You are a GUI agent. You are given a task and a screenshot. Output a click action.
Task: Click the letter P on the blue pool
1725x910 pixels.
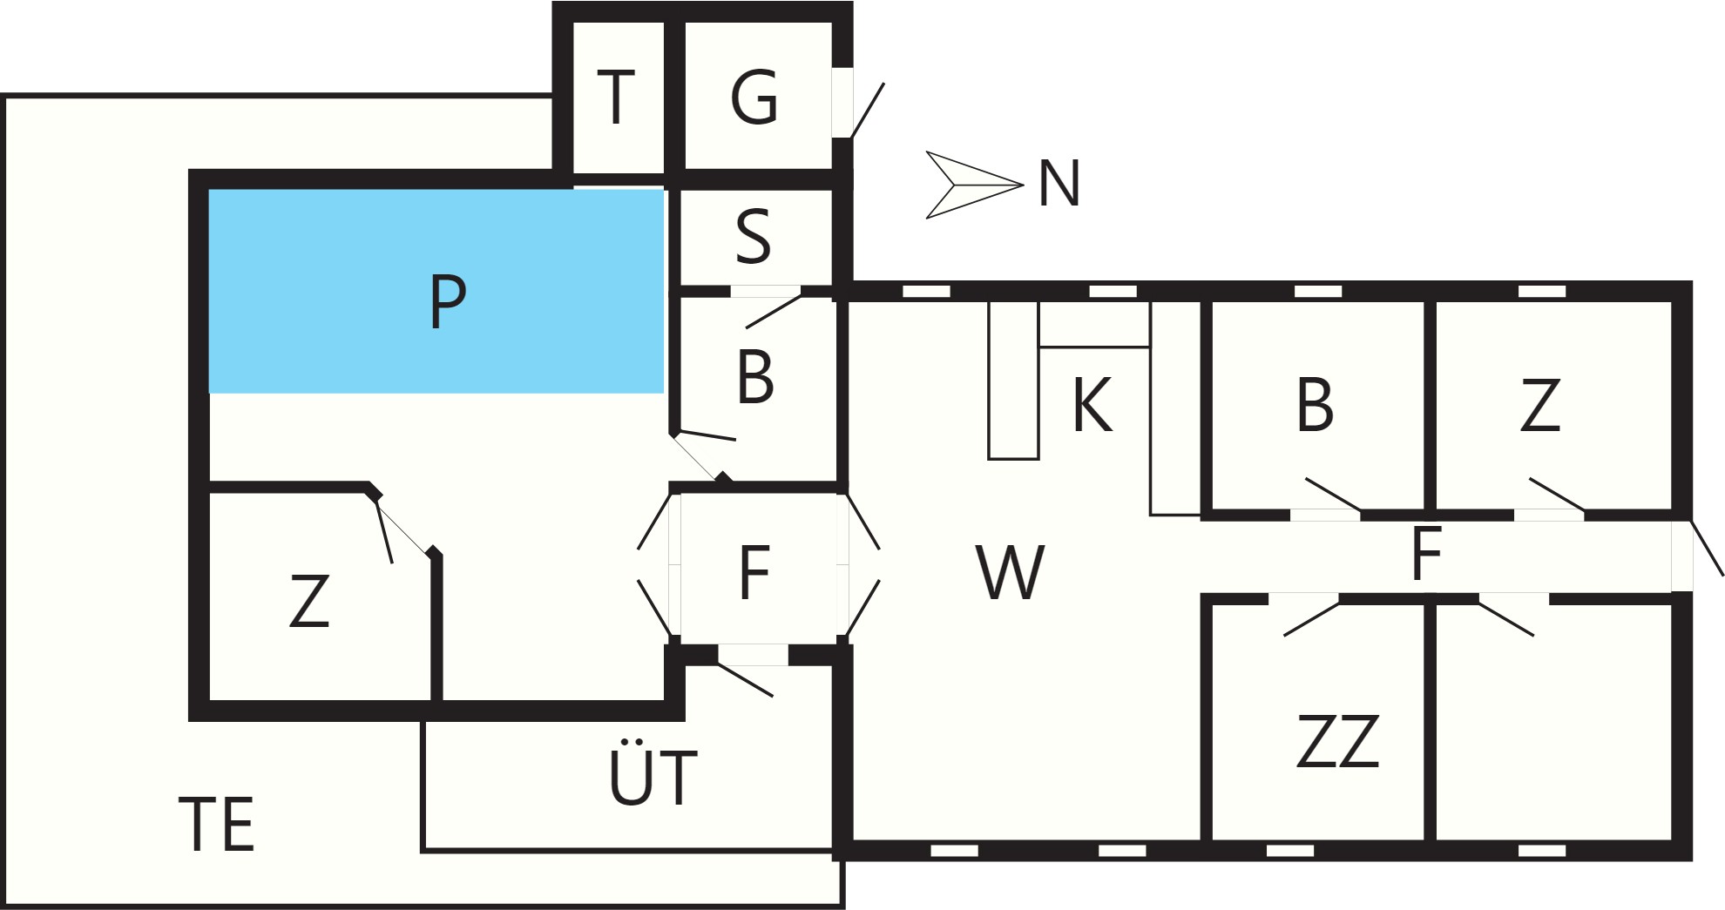coord(448,300)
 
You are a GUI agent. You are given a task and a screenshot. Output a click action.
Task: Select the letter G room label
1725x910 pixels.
coord(754,98)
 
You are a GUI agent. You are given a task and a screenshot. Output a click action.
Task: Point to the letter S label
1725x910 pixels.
coord(754,237)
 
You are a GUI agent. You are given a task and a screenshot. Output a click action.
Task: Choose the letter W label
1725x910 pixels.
coord(1010,572)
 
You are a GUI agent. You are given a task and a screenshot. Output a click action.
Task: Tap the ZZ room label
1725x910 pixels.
coord(1338,741)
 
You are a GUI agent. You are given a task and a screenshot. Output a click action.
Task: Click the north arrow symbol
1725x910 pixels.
coord(973,185)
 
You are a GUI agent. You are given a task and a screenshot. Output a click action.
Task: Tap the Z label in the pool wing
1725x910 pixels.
coord(309,601)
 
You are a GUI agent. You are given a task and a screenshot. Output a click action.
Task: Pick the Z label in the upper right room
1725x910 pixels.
coord(1539,405)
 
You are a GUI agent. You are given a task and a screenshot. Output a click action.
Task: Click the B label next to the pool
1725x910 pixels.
coord(754,378)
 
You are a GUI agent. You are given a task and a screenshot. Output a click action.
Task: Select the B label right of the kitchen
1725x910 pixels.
coord(1315,405)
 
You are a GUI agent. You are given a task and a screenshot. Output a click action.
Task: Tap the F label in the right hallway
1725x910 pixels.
coord(1425,554)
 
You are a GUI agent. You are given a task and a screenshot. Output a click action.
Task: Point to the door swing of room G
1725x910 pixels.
coord(867,111)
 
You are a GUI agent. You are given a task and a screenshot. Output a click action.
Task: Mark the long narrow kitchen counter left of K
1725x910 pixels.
coord(1013,380)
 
